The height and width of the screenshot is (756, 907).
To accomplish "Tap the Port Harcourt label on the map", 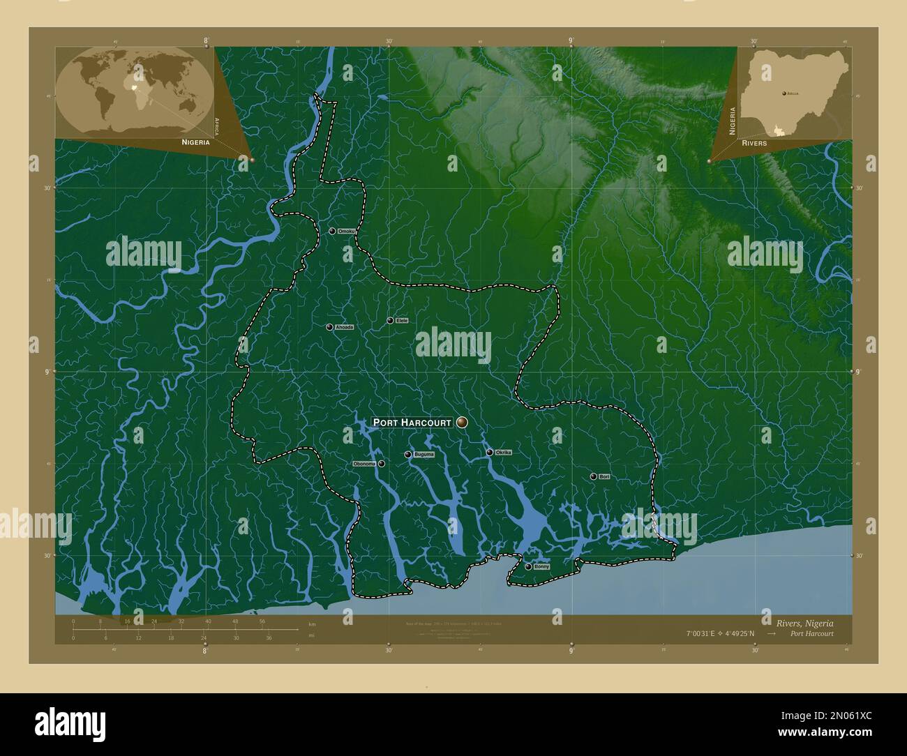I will click(x=412, y=422).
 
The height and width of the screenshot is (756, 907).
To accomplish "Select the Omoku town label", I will click(x=347, y=231).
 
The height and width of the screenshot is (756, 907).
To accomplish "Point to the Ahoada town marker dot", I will click(x=329, y=326).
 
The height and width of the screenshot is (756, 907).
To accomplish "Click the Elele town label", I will click(x=401, y=320).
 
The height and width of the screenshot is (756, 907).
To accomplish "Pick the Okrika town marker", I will click(x=490, y=453).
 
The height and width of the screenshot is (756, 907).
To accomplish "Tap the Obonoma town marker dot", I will click(x=382, y=464).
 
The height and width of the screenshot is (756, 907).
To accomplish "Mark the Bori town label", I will click(x=604, y=477).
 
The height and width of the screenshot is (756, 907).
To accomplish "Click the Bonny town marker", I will click(x=528, y=566).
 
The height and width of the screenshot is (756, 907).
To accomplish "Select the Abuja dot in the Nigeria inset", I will click(x=784, y=92).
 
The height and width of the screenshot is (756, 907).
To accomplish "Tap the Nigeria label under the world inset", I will click(x=195, y=142).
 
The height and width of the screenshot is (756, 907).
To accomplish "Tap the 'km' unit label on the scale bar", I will click(x=312, y=624).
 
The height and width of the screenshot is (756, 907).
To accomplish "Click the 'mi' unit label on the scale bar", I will click(x=311, y=635).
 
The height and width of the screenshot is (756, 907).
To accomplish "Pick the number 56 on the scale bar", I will click(x=262, y=621).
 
